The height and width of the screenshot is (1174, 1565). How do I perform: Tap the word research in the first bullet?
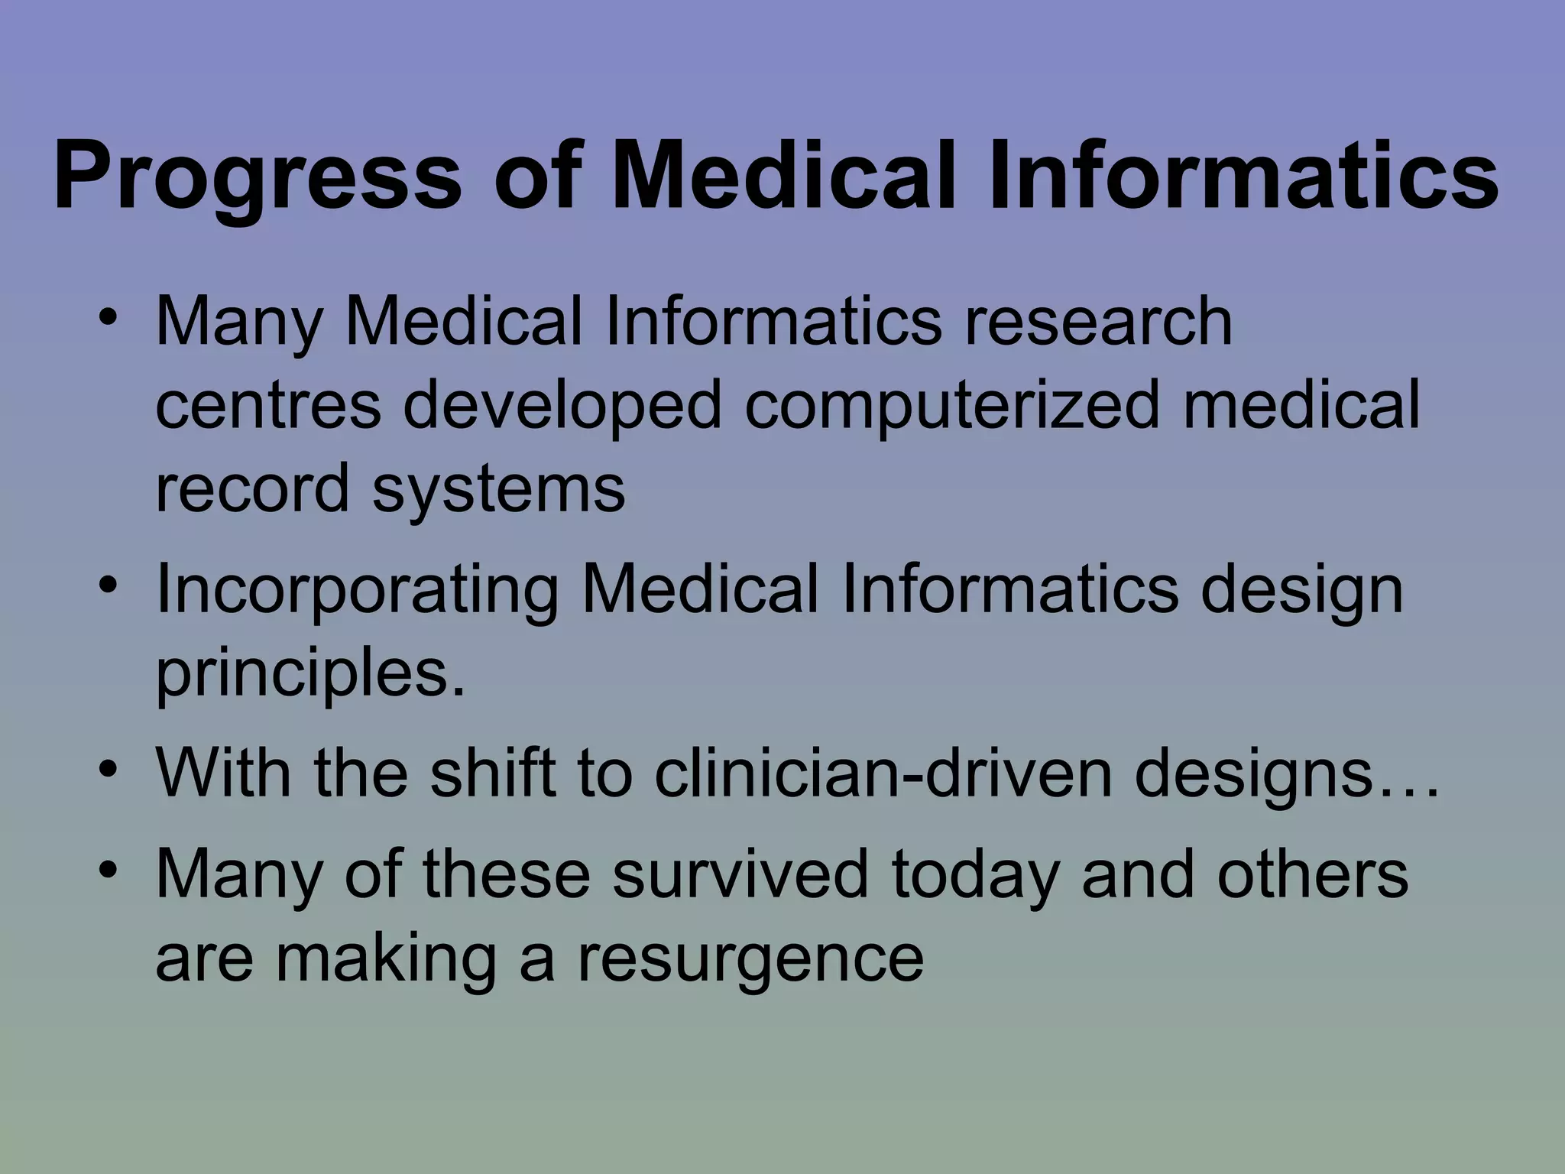[x=1098, y=322]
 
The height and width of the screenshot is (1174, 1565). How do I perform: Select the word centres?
[x=267, y=405]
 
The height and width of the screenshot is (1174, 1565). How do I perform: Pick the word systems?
[x=498, y=489]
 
